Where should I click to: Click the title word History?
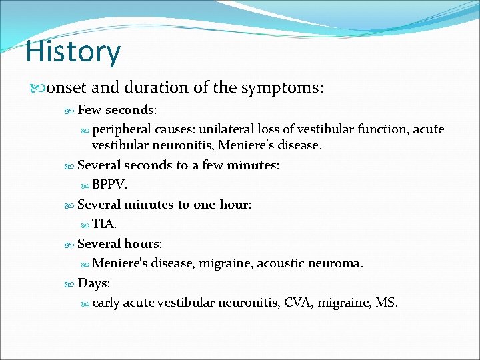tap(73, 53)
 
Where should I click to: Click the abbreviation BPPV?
tap(108, 185)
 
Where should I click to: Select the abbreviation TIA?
tap(105, 224)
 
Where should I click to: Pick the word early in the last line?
tap(106, 303)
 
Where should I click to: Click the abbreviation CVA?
tap(297, 303)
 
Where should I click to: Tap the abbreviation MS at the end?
tap(385, 303)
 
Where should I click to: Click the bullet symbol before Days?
tap(71, 284)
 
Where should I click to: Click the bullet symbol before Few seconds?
tap(71, 110)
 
